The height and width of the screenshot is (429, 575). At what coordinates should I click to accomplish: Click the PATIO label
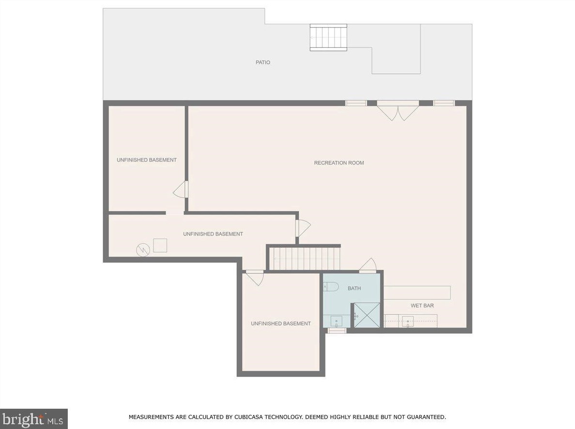pos(263,62)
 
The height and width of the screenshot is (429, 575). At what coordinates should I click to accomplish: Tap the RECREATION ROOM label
pos(339,163)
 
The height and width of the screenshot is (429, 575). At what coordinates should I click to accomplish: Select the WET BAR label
pos(422,305)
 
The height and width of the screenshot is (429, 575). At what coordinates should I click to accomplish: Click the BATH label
pos(354,288)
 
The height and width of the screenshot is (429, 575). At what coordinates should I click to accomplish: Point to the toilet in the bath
pos(331,287)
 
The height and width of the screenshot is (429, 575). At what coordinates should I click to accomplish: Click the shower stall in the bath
pos(367,315)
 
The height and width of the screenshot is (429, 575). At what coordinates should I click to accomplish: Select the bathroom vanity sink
pos(336,321)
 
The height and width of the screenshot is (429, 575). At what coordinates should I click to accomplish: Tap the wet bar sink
pos(408,321)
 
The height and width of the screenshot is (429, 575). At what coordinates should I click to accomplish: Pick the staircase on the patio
pos(329,38)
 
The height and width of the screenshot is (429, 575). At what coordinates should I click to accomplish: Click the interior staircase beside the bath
pos(305,258)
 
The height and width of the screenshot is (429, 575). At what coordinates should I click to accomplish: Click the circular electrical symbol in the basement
pos(143,250)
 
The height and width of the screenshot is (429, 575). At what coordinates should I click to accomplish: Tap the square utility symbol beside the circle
pos(160,245)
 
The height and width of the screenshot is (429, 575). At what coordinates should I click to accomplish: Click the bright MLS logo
pos(33,418)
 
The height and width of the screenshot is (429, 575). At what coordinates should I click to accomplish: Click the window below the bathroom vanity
pos(337,330)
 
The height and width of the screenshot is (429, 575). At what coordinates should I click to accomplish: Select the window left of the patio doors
pos(356,103)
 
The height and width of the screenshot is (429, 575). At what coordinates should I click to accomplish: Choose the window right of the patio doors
pos(444,103)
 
